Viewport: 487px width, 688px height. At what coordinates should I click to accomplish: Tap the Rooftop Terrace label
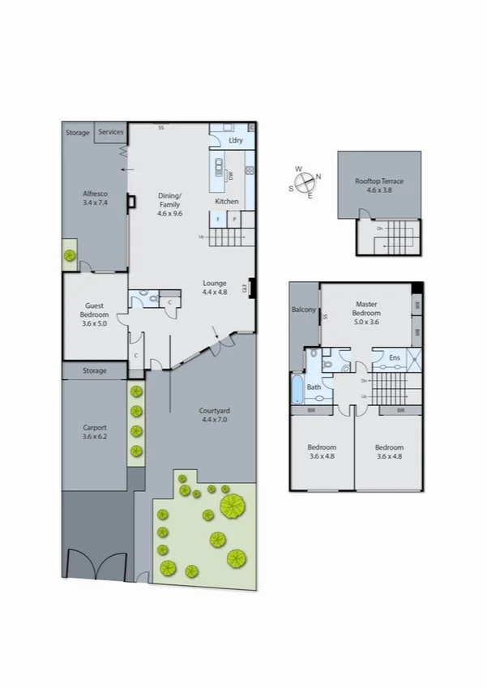(x=379, y=185)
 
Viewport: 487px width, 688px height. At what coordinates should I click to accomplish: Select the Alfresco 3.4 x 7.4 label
(x=95, y=199)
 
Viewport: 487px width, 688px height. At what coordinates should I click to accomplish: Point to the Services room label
(x=111, y=132)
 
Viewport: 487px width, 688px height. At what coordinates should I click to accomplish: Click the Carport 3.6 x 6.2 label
(x=95, y=432)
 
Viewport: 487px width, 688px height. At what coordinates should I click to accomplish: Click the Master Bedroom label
(x=366, y=309)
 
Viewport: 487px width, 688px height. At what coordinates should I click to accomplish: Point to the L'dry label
(x=236, y=141)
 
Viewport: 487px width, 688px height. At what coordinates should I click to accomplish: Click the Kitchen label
(x=226, y=201)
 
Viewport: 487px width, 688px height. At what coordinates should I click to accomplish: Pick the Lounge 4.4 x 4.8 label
(x=215, y=288)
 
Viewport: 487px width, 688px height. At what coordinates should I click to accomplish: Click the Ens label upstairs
(x=395, y=357)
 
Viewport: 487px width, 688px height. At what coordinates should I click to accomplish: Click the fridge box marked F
(x=218, y=219)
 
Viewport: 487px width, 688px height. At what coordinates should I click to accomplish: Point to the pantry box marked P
(x=234, y=219)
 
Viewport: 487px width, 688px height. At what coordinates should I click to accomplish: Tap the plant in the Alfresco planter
(x=70, y=255)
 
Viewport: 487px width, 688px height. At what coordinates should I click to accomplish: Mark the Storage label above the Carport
(x=95, y=371)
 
